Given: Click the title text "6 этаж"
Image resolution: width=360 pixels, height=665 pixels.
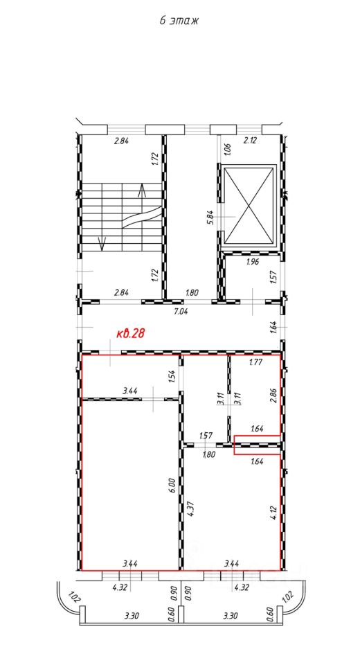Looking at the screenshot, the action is (x=179, y=21).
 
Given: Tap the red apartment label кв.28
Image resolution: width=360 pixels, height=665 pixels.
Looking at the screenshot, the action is (x=131, y=333).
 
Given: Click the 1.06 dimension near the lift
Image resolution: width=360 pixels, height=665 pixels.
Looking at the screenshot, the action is (x=226, y=148).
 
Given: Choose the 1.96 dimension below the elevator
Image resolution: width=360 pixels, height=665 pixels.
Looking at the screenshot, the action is (x=252, y=262).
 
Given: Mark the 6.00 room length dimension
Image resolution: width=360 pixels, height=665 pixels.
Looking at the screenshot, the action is (x=171, y=485).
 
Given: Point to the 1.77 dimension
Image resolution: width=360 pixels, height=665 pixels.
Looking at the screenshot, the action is (x=255, y=362).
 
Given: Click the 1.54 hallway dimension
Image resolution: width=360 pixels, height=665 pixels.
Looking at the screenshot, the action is (x=171, y=377).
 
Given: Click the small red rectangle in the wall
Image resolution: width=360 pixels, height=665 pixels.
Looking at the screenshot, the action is (x=257, y=445).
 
